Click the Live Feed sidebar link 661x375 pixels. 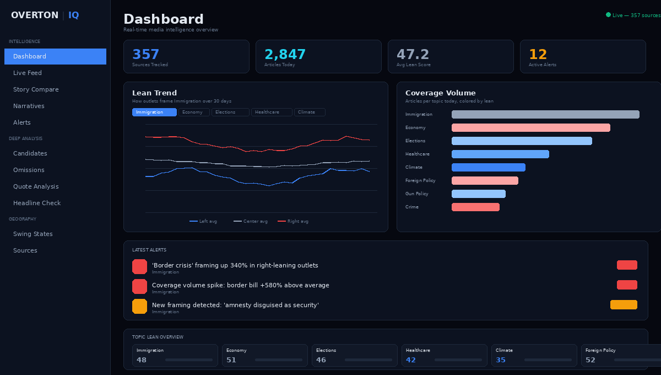[x=28, y=73]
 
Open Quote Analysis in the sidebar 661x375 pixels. [x=36, y=186]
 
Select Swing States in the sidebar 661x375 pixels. [x=33, y=234]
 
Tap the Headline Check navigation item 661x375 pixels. [x=37, y=203]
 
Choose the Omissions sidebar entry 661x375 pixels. [x=29, y=170]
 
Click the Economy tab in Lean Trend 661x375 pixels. [x=194, y=113]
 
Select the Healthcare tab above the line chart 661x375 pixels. [x=272, y=113]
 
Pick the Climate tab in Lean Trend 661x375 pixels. [x=309, y=113]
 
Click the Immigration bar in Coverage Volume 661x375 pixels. [x=545, y=114]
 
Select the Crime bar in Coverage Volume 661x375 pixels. [x=475, y=207]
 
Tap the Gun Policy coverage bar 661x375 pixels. [x=478, y=194]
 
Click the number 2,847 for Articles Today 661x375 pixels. [x=285, y=55]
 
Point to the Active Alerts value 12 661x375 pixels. [x=538, y=55]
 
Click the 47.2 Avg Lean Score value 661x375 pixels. [x=413, y=55]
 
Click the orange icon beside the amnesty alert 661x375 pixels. [x=139, y=306]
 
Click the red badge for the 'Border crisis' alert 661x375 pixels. [x=627, y=265]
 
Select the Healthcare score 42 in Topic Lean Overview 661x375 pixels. [x=411, y=360]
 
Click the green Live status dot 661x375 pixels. [x=608, y=15]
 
